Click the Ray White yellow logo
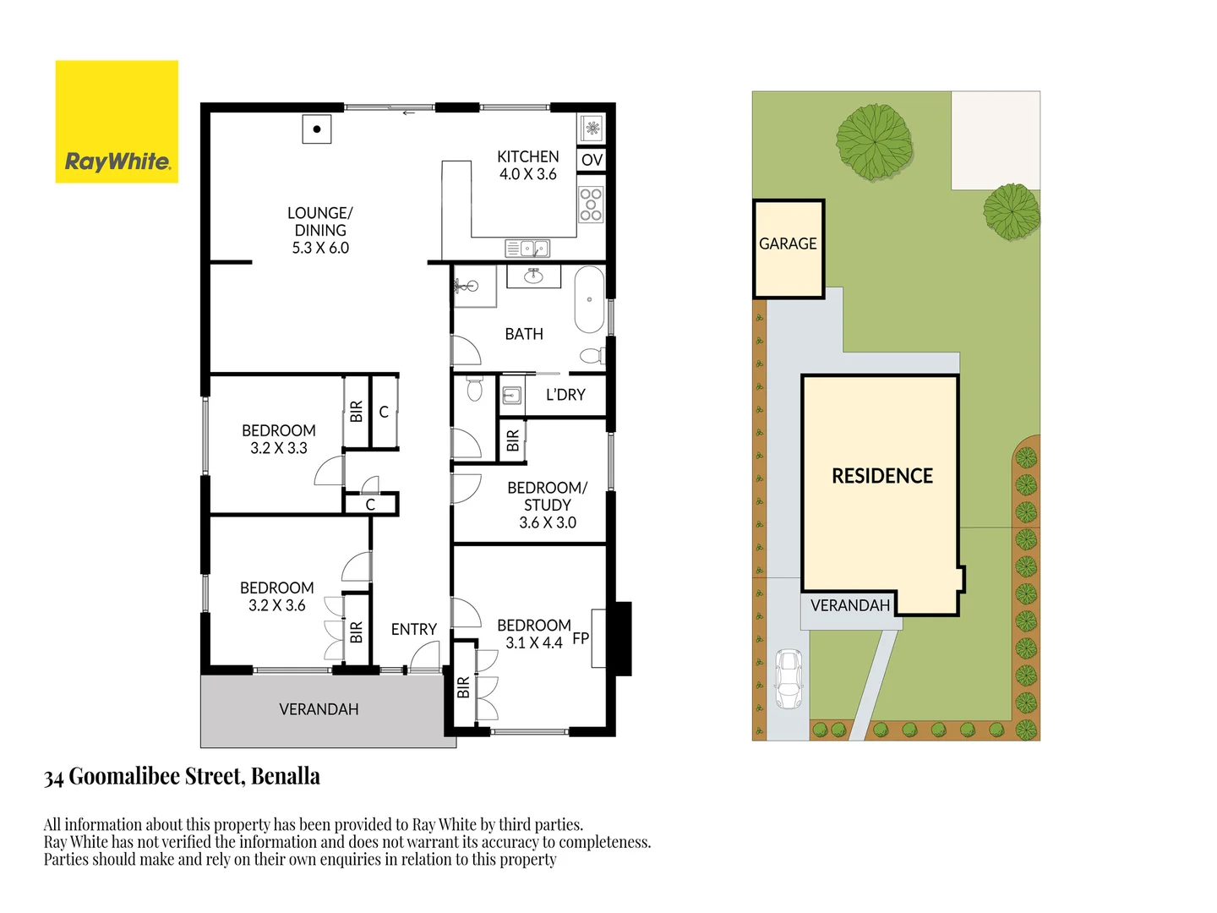tap(117, 122)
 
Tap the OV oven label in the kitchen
tap(592, 160)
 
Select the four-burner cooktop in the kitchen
tap(591, 205)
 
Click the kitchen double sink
tap(527, 249)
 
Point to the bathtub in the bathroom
tap(589, 300)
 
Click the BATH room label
tap(524, 334)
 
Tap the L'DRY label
tap(565, 395)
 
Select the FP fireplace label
tap(581, 638)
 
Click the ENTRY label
tap(413, 630)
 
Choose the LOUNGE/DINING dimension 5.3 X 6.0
tap(320, 248)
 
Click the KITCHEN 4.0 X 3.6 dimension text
tap(527, 174)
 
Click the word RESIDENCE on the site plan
tap(881, 476)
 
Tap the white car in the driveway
tap(789, 679)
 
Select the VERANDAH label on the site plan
tap(850, 605)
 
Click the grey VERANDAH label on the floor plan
tap(319, 709)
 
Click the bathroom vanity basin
tap(533, 276)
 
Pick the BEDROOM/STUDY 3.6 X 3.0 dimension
tap(548, 522)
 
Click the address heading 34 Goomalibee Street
tap(182, 776)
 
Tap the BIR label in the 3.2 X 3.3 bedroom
tap(356, 412)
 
